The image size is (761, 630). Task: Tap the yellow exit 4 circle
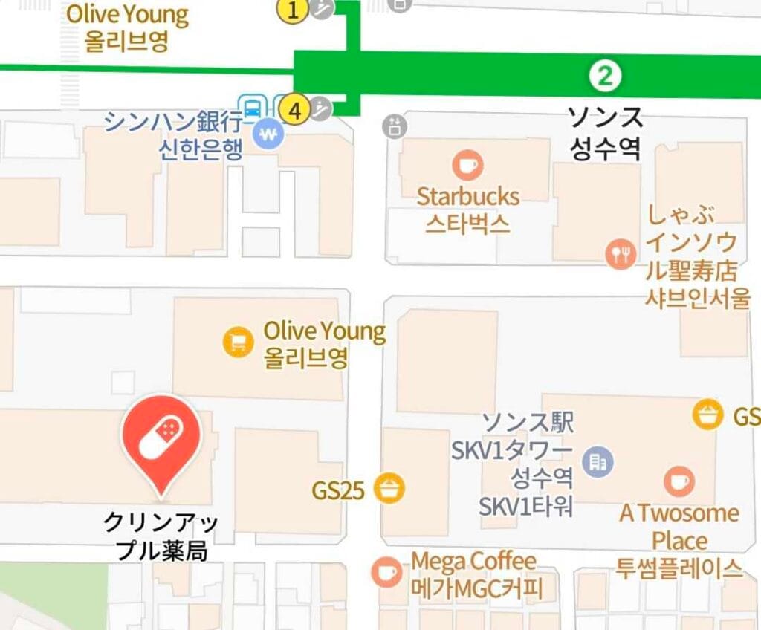point(296,111)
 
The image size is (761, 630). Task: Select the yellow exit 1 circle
point(293,10)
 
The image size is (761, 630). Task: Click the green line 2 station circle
point(606,76)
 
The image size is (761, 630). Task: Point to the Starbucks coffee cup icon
point(467,165)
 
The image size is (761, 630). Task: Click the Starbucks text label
point(468,197)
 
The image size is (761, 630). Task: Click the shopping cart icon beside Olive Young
point(239,342)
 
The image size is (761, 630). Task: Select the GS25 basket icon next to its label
point(390,489)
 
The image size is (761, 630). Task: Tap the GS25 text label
point(338,490)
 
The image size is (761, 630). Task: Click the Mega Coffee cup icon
point(386,572)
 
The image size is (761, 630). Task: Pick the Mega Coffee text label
point(474,561)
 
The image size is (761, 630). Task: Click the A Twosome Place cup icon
point(678,481)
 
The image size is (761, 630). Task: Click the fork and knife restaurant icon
point(620,254)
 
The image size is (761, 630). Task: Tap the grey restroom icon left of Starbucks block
point(395,126)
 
